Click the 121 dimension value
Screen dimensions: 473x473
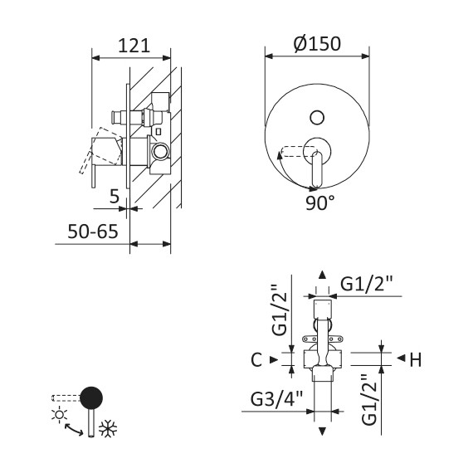[x=134, y=46]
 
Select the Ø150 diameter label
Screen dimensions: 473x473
[x=317, y=43]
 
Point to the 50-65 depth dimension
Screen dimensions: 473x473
[x=93, y=232]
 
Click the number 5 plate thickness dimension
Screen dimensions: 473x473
[x=115, y=197]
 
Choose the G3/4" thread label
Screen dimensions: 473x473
[x=276, y=399]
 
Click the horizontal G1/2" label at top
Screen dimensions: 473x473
[x=367, y=284]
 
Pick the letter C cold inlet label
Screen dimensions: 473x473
[x=256, y=359]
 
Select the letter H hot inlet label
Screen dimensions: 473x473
[x=416, y=359]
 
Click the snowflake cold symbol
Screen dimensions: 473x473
[x=108, y=428]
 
